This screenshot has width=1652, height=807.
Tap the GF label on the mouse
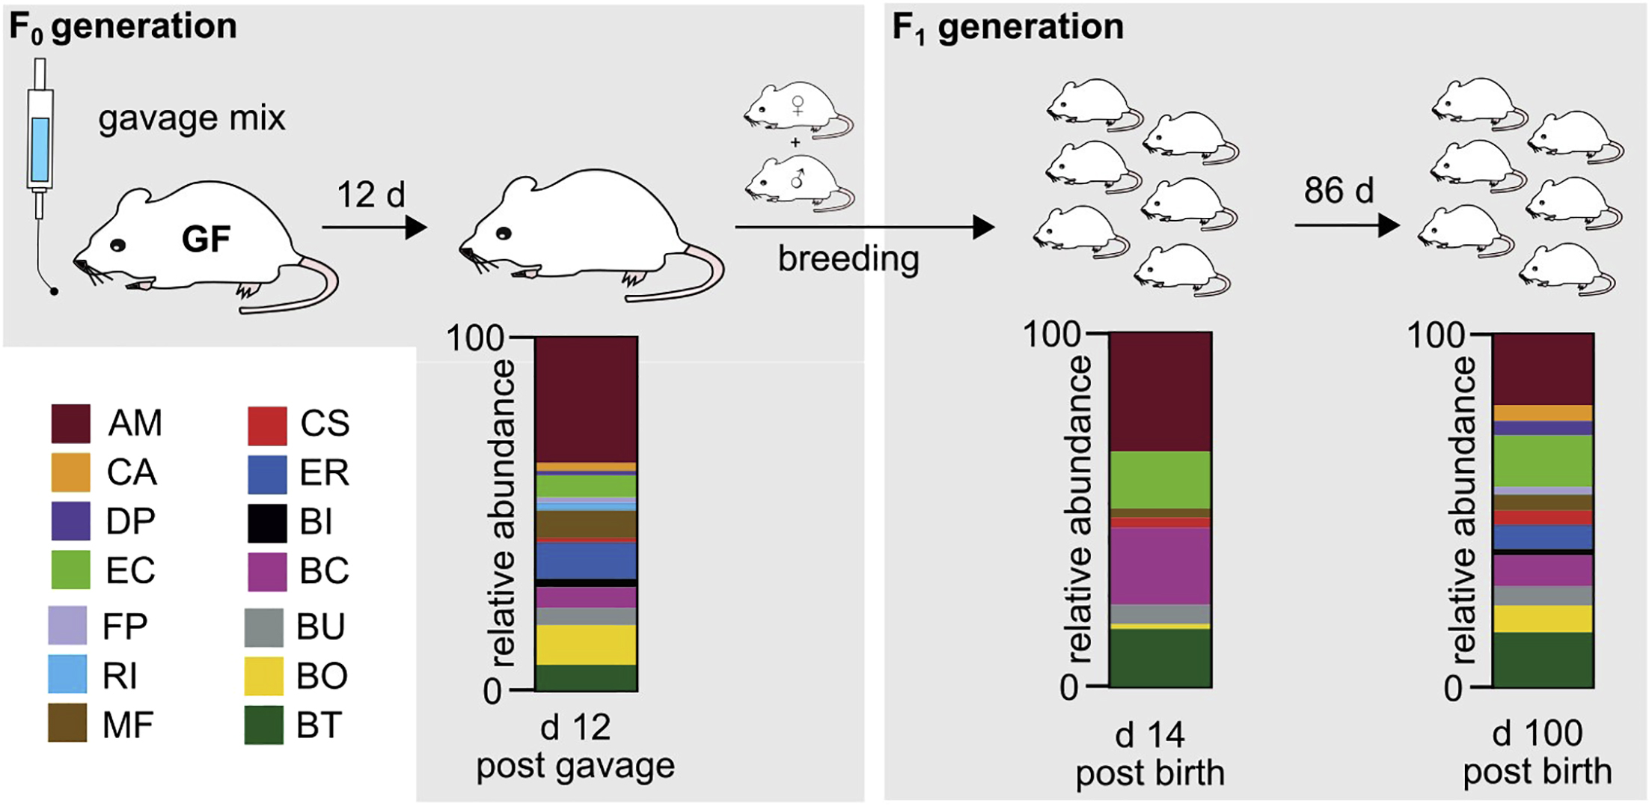tap(206, 240)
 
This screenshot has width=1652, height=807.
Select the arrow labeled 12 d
tap(374, 227)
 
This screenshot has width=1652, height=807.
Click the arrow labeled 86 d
tap(1347, 225)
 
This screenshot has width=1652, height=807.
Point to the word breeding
tap(848, 259)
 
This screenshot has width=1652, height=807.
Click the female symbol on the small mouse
tap(798, 105)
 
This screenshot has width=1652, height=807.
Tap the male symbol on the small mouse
tap(798, 178)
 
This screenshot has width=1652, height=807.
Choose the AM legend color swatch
tap(70, 423)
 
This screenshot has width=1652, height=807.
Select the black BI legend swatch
tap(267, 523)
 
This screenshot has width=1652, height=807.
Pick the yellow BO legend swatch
tap(264, 676)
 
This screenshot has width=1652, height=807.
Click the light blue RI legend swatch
tap(67, 674)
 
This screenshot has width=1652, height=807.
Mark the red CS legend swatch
tap(267, 425)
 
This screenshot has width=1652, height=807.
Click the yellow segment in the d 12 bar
tap(587, 645)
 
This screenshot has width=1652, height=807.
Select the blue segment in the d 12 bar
tap(587, 560)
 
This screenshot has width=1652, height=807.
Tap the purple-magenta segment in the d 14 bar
tap(1160, 565)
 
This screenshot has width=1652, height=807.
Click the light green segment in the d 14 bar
tap(1160, 479)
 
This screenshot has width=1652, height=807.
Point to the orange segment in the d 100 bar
tap(1543, 412)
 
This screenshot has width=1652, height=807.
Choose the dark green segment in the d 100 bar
tap(1543, 660)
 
